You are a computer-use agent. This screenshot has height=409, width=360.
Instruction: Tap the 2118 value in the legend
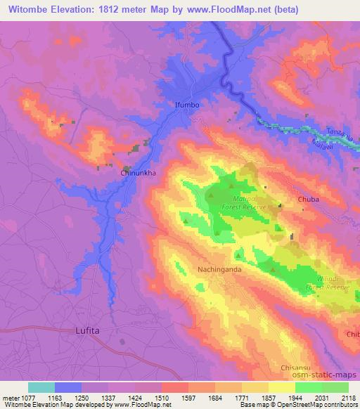347,397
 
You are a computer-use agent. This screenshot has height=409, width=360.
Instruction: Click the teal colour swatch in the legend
41,387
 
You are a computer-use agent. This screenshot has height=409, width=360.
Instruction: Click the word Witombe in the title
32,10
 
